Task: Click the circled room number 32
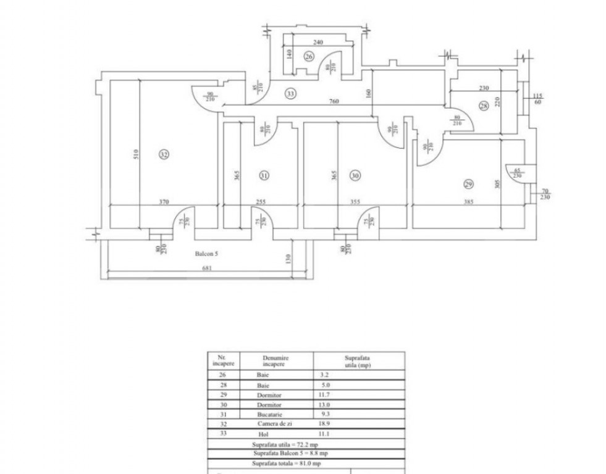coord(164,154)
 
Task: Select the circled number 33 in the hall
coord(290,94)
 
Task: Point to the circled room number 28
coord(483,106)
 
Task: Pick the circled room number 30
coord(355,176)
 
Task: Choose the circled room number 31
coord(264,176)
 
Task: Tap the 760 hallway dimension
coord(334,101)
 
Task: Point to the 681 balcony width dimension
coord(208,268)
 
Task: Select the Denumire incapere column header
coord(276,360)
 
